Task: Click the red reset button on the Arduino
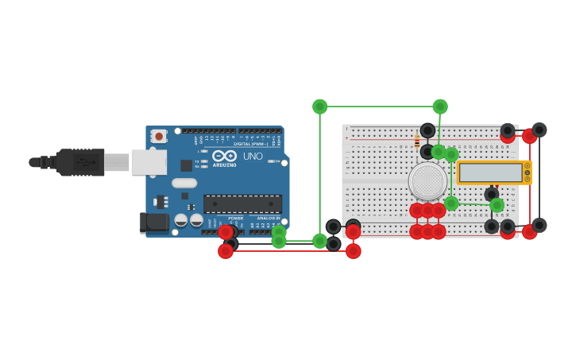pyautogui.click(x=159, y=136)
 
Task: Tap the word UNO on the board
pyautogui.click(x=252, y=157)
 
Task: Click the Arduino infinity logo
pyautogui.click(x=224, y=157)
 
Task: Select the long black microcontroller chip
pyautogui.click(x=242, y=204)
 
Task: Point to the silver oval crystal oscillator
pyautogui.click(x=184, y=183)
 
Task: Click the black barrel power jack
pyautogui.click(x=155, y=222)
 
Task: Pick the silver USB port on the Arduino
pyautogui.click(x=149, y=162)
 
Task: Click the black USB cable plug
pyautogui.click(x=79, y=162)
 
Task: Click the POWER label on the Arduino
pyautogui.click(x=236, y=218)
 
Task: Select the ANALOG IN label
pyautogui.click(x=267, y=218)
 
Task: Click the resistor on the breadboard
pyautogui.click(x=417, y=142)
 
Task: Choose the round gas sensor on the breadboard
pyautogui.click(x=427, y=180)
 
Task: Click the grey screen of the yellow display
pyautogui.click(x=489, y=172)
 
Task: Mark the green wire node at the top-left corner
pyautogui.click(x=320, y=106)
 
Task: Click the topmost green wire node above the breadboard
pyautogui.click(x=440, y=106)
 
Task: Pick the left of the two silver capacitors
pyautogui.click(x=181, y=220)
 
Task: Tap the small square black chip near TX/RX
pyautogui.click(x=186, y=165)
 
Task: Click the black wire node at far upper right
pyautogui.click(x=539, y=130)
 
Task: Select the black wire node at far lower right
pyautogui.click(x=539, y=225)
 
